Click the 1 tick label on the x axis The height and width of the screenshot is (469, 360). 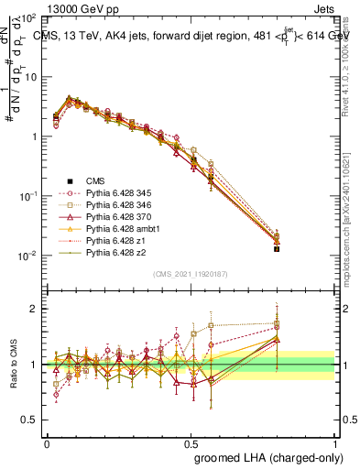point(335,442)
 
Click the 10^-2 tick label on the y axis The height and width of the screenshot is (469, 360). point(27,256)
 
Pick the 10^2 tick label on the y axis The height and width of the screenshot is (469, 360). point(29,18)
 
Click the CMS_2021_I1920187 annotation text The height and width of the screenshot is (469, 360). point(191,274)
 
